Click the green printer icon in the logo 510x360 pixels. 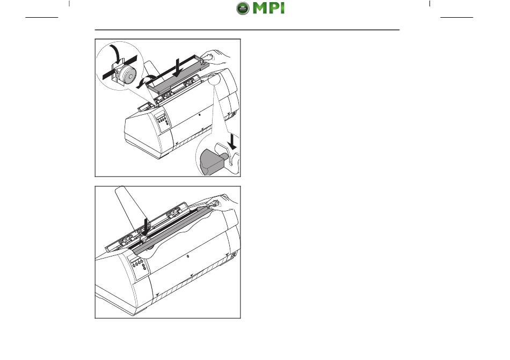243,8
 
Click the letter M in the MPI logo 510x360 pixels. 261,8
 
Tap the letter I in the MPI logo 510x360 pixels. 281,8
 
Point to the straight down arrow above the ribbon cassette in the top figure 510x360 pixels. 177,68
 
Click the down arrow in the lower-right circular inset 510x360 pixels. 232,141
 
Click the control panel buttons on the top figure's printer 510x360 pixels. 163,120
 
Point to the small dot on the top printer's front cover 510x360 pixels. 199,115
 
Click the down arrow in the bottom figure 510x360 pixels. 146,226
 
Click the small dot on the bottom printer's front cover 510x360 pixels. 188,256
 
